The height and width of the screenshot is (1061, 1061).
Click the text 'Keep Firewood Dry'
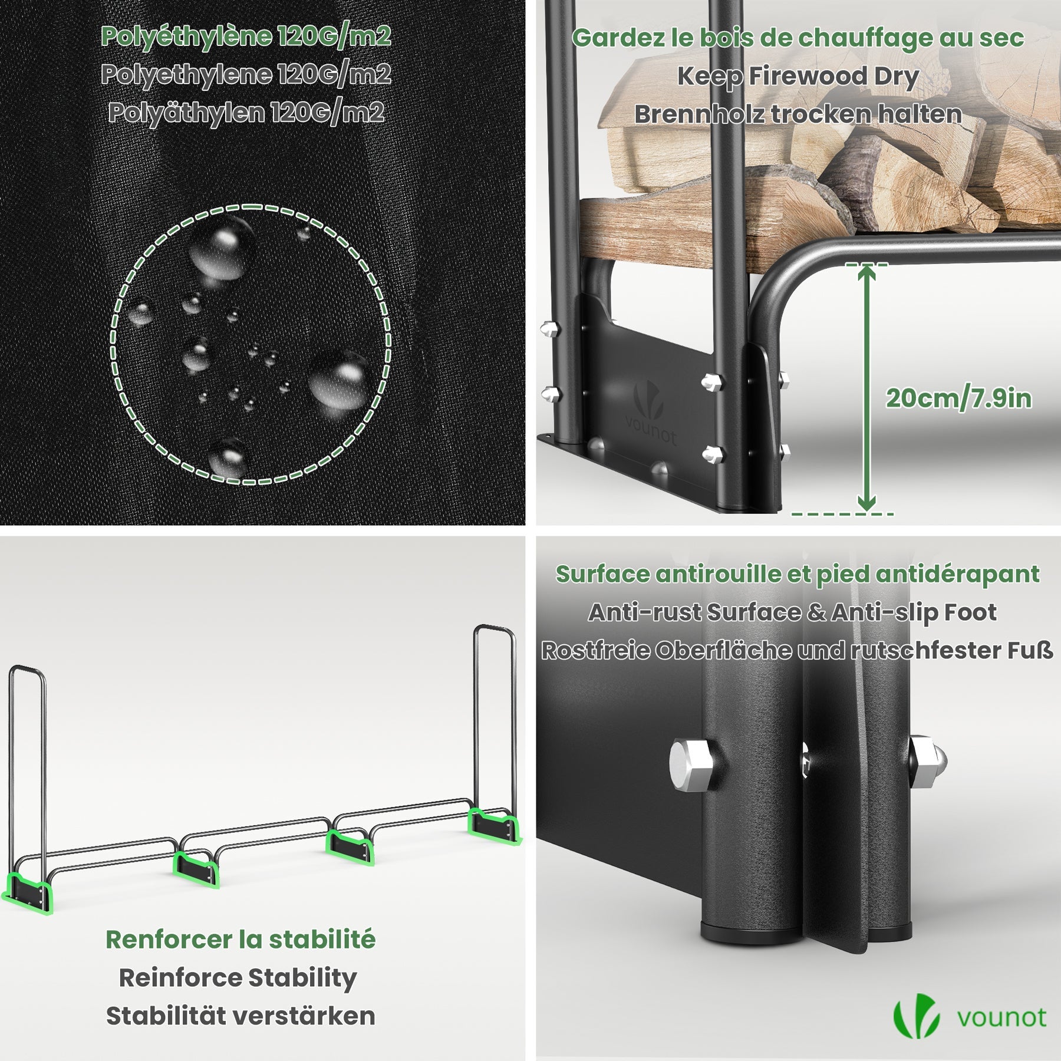click(x=798, y=77)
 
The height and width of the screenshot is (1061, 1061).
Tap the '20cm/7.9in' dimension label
click(x=958, y=399)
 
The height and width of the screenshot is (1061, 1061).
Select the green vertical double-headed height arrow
click(x=866, y=389)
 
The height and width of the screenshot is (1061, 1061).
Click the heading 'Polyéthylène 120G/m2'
click(x=246, y=37)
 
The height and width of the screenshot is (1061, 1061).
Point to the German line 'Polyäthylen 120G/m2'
click(x=246, y=113)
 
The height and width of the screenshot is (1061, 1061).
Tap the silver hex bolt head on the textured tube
click(x=691, y=766)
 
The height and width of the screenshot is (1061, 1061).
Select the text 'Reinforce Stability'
click(x=238, y=978)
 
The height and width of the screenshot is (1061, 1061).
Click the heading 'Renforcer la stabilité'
click(x=240, y=940)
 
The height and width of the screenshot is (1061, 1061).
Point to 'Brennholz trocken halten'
click(x=798, y=114)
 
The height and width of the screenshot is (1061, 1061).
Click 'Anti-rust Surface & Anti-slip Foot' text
click(x=792, y=612)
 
